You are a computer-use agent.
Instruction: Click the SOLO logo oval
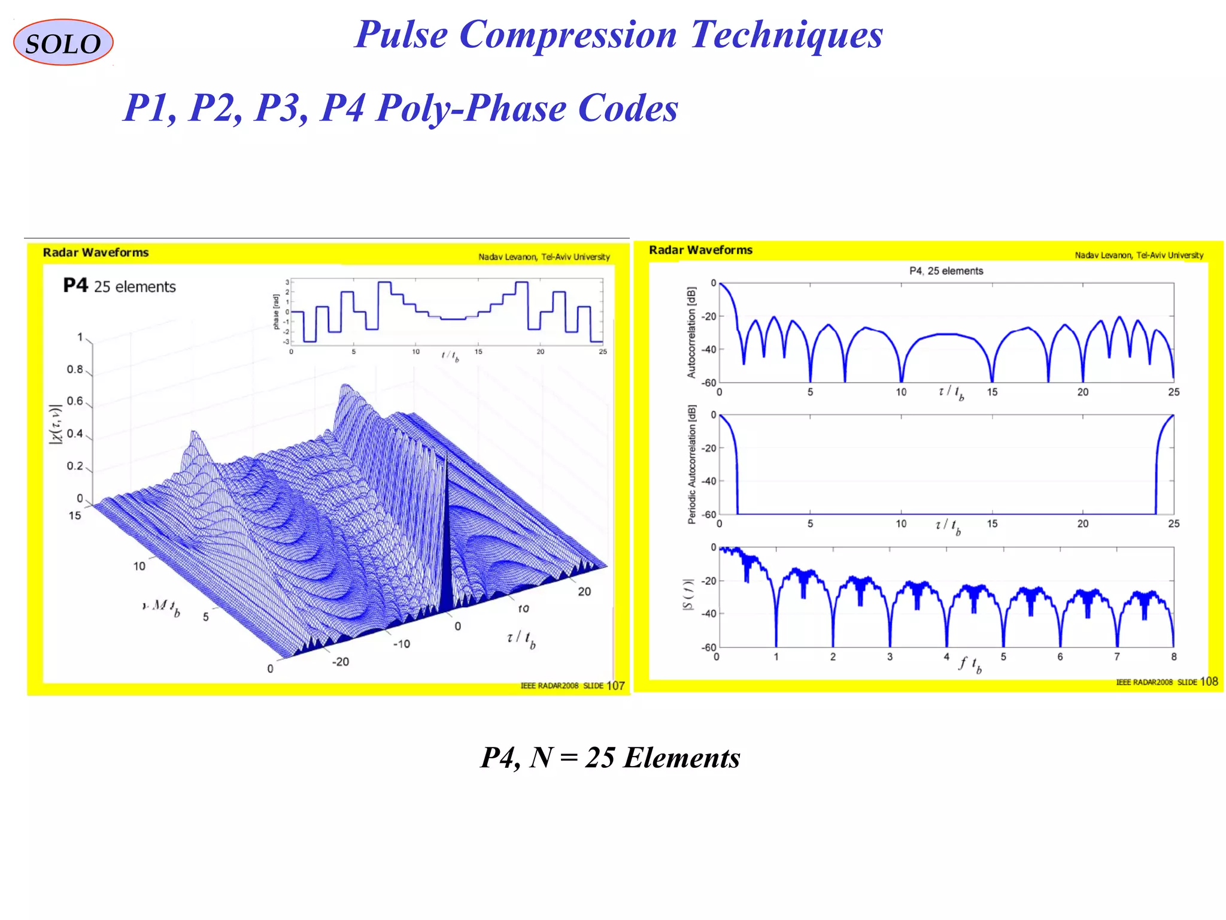tap(63, 43)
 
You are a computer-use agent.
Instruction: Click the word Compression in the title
tap(568, 34)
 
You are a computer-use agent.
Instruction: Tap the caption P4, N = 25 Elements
tap(611, 758)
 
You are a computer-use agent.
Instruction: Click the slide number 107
tap(615, 686)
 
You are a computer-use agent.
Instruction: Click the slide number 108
tap(1209, 682)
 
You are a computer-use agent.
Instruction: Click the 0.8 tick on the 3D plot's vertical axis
tap(75, 370)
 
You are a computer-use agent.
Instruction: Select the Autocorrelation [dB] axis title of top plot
tap(691, 332)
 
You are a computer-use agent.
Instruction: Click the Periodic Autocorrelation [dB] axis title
tap(691, 465)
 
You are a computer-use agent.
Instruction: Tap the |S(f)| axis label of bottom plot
tap(689, 595)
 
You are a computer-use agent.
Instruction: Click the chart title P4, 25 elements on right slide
tap(946, 271)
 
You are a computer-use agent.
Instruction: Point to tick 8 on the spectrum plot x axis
tap(1173, 656)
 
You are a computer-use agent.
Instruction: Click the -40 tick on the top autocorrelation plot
tap(709, 349)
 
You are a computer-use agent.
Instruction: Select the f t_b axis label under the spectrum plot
tap(970, 664)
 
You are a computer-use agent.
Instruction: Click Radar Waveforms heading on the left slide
tap(96, 253)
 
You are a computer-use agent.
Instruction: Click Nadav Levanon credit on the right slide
tap(1139, 255)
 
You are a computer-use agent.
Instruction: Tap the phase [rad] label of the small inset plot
tap(276, 311)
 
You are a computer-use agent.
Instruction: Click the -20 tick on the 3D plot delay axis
tap(341, 662)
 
